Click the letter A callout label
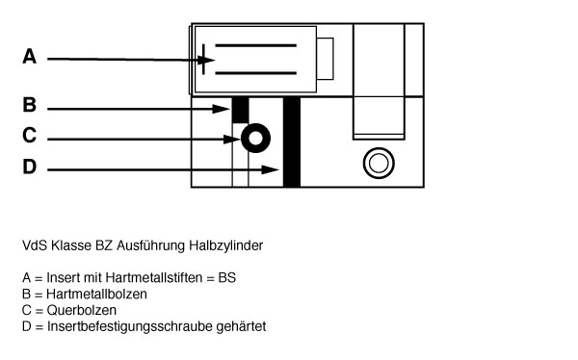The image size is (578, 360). tap(29, 58)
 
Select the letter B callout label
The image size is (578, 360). tap(29, 105)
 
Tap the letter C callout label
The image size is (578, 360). tap(29, 137)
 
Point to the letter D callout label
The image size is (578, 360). tap(29, 167)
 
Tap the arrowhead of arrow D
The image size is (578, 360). tap(277, 170)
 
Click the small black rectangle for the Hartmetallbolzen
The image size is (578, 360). tap(240, 109)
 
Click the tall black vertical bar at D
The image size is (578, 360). tap(292, 142)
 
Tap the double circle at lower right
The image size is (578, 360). tap(377, 161)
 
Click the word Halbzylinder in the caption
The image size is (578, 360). tap(230, 245)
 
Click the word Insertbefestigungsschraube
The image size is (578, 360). tap(118, 326)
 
